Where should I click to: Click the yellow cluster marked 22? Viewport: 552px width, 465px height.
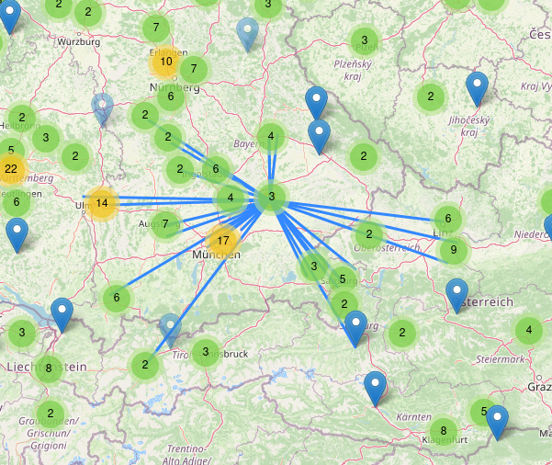pos(11,169)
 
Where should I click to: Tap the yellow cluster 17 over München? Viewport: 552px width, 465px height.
pos(222,240)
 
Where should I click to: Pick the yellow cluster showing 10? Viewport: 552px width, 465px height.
pos(165,62)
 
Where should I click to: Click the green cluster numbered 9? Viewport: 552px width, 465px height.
pos(452,249)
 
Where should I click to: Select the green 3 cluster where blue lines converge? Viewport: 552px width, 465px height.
pos(272,197)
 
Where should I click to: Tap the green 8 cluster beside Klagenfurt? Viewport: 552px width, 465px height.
pos(444,430)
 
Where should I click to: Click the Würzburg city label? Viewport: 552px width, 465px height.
pos(77,42)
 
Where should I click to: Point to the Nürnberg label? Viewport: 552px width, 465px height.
pos(175,87)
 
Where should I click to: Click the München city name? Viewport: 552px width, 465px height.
pos(217,255)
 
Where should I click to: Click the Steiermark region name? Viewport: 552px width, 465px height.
pos(501,359)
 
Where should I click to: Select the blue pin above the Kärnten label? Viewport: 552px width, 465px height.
pos(376,388)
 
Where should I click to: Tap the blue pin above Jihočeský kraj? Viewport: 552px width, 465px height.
pos(476,89)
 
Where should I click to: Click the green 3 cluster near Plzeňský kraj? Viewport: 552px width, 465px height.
pos(365,40)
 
